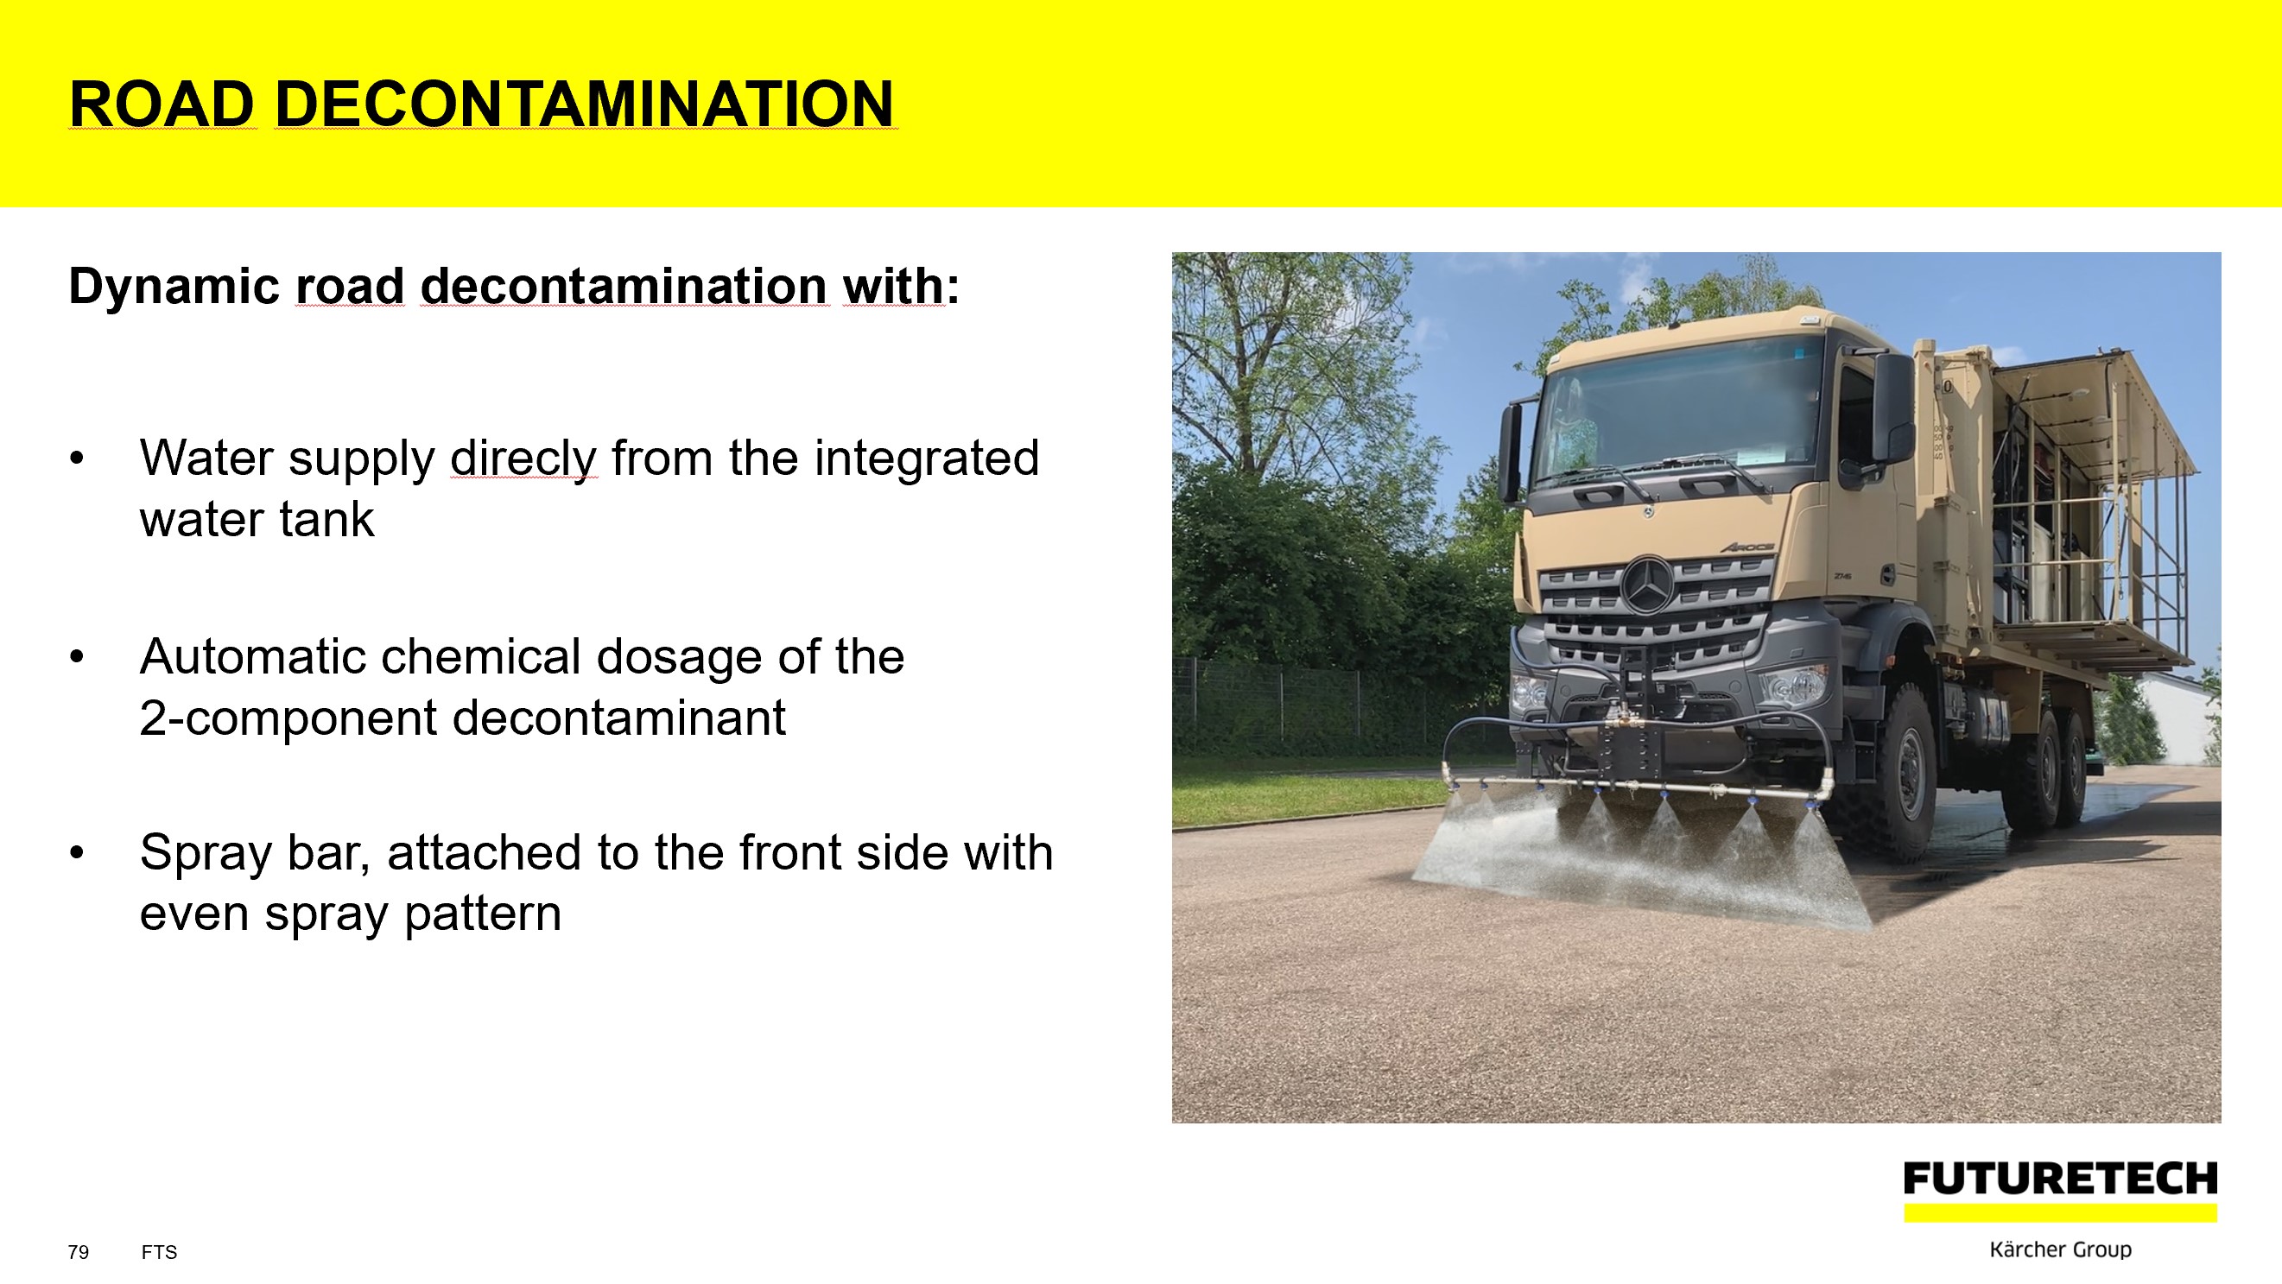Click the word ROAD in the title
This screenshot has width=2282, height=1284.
[163, 104]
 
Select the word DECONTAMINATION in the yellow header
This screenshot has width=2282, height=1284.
[585, 104]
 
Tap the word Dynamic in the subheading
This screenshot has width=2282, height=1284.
[174, 288]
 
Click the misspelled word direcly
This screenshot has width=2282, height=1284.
[523, 459]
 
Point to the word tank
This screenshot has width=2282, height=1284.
[326, 520]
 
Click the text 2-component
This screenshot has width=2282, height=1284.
[288, 719]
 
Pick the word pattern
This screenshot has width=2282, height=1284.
[483, 914]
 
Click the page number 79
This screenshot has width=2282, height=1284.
[78, 1252]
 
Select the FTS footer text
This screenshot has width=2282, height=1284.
[160, 1252]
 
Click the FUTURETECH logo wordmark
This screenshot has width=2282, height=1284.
[2061, 1179]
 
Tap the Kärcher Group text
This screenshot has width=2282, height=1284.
[2061, 1249]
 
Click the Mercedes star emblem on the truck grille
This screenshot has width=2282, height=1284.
[1649, 585]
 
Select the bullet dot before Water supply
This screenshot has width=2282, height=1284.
[77, 459]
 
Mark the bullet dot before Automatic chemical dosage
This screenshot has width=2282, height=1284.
[77, 657]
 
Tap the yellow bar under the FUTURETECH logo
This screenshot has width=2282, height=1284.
[2061, 1213]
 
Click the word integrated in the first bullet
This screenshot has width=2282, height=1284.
[927, 459]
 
